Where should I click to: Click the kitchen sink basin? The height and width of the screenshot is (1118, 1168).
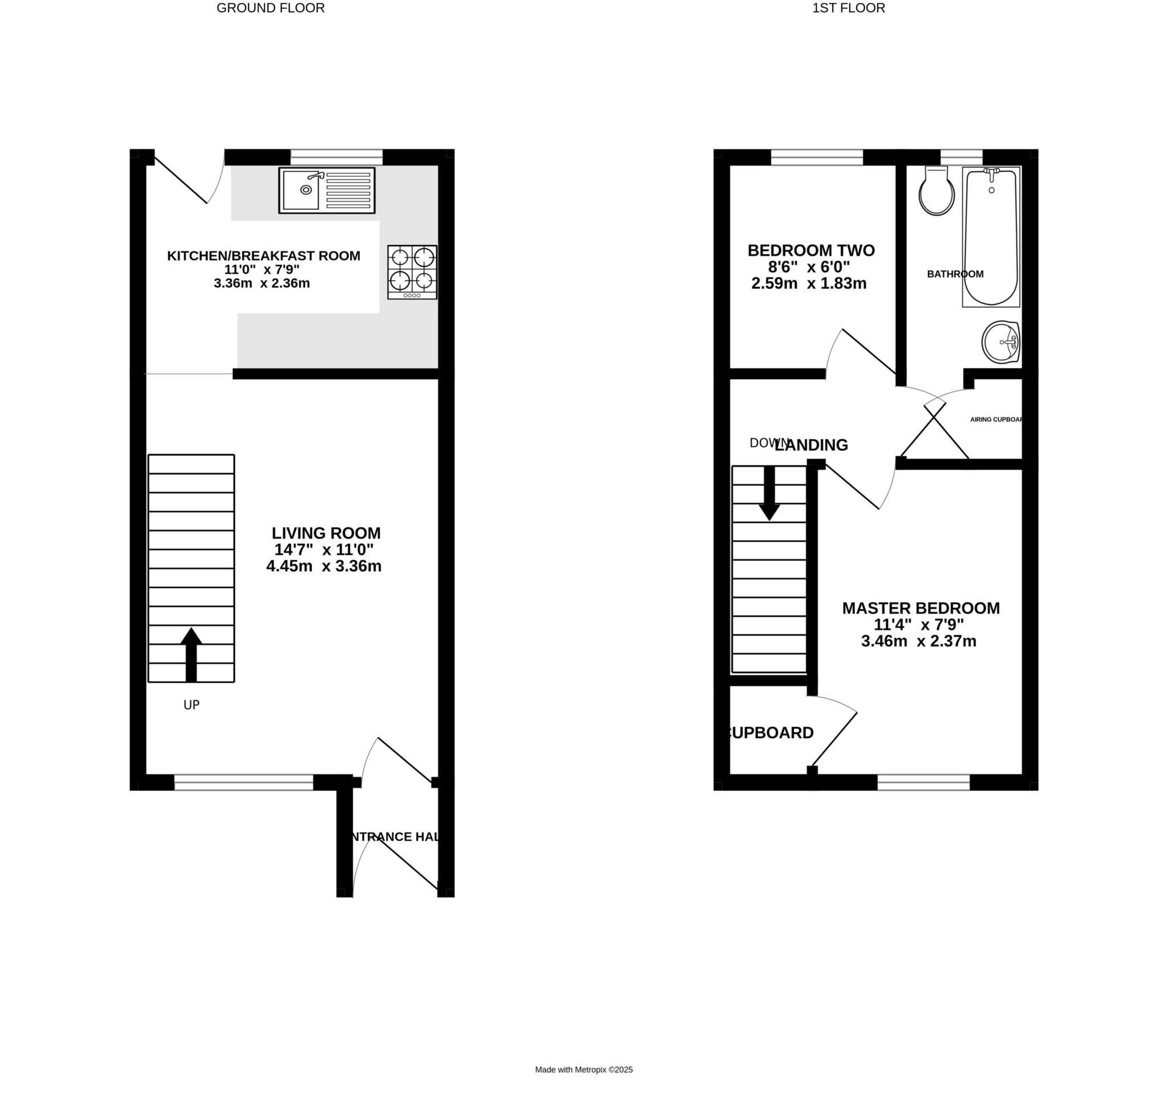pyautogui.click(x=301, y=190)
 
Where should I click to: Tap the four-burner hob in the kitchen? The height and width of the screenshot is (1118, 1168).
pyautogui.click(x=412, y=272)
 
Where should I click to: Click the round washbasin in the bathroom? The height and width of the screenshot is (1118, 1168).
pyautogui.click(x=1000, y=342)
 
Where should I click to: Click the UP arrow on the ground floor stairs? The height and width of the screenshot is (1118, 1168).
pyautogui.click(x=191, y=654)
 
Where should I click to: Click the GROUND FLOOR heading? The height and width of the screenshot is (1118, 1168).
pyautogui.click(x=270, y=9)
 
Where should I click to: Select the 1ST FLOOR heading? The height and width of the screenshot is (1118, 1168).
pyautogui.click(x=849, y=9)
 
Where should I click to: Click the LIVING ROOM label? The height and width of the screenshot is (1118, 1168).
pyautogui.click(x=326, y=533)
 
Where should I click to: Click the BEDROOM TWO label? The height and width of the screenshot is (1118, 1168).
pyautogui.click(x=811, y=250)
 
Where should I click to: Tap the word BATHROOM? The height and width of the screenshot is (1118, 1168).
pyautogui.click(x=955, y=274)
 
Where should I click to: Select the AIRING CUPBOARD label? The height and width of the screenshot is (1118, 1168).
pyautogui.click(x=996, y=420)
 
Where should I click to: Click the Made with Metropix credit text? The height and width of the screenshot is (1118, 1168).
pyautogui.click(x=583, y=1087)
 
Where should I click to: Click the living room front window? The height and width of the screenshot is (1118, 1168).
pyautogui.click(x=244, y=783)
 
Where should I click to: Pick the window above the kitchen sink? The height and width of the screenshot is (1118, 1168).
pyautogui.click(x=336, y=157)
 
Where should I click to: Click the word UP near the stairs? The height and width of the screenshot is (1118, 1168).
pyautogui.click(x=191, y=705)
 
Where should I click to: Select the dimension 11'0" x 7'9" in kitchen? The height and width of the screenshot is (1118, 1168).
pyautogui.click(x=262, y=269)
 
